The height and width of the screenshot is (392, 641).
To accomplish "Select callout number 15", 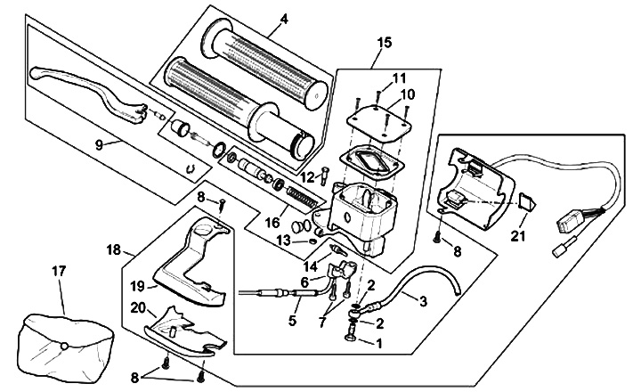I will pyautogui.click(x=385, y=42).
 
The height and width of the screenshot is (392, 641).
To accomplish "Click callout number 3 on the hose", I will pyautogui.click(x=423, y=301).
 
